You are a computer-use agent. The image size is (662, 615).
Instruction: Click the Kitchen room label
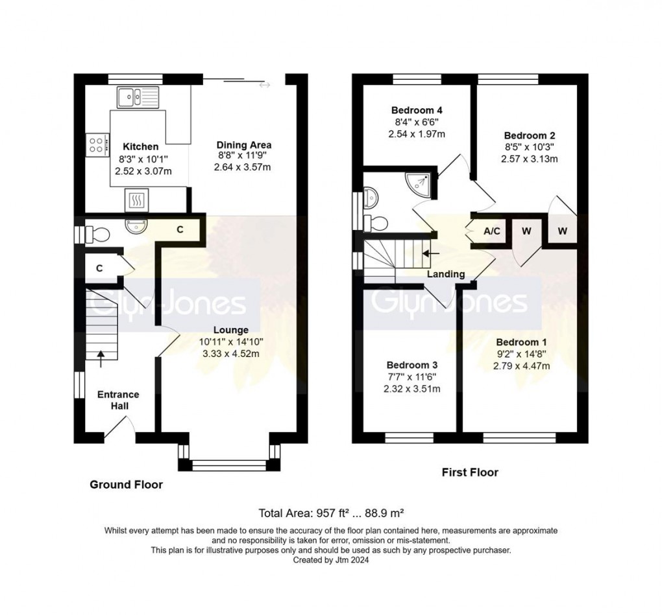click(x=141, y=147)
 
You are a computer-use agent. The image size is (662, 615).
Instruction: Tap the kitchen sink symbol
click(x=138, y=97)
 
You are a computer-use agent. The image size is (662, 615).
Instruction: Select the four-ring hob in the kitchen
click(x=97, y=145)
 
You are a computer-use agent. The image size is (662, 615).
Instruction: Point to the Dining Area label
click(x=243, y=145)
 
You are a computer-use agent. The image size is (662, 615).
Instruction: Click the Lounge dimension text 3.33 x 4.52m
click(x=230, y=353)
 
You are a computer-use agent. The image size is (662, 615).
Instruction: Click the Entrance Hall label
click(x=118, y=400)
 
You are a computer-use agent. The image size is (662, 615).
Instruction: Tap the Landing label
click(x=445, y=274)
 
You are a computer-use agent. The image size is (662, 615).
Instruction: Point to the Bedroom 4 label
click(x=417, y=110)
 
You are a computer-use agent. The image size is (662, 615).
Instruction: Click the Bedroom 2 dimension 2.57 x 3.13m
click(x=530, y=159)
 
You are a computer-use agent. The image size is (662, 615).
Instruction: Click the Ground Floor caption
click(x=126, y=484)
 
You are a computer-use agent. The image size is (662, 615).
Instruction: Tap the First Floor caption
click(x=470, y=472)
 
